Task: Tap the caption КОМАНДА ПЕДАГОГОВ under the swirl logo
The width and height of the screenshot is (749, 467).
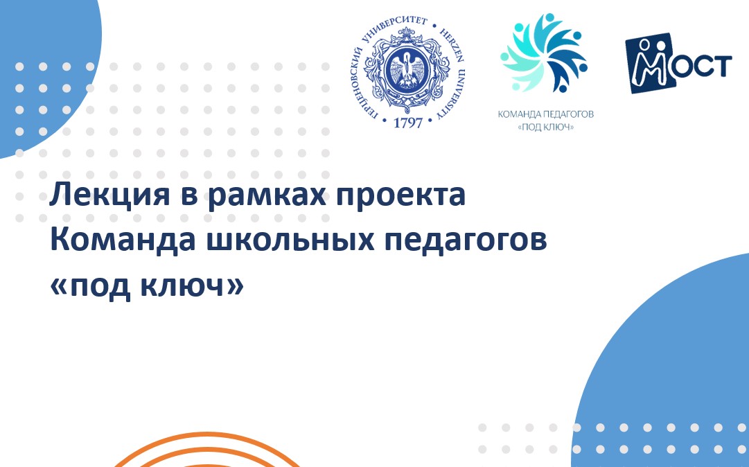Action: point(546,114)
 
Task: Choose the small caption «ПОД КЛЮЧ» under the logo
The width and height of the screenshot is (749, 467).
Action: point(546,127)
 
